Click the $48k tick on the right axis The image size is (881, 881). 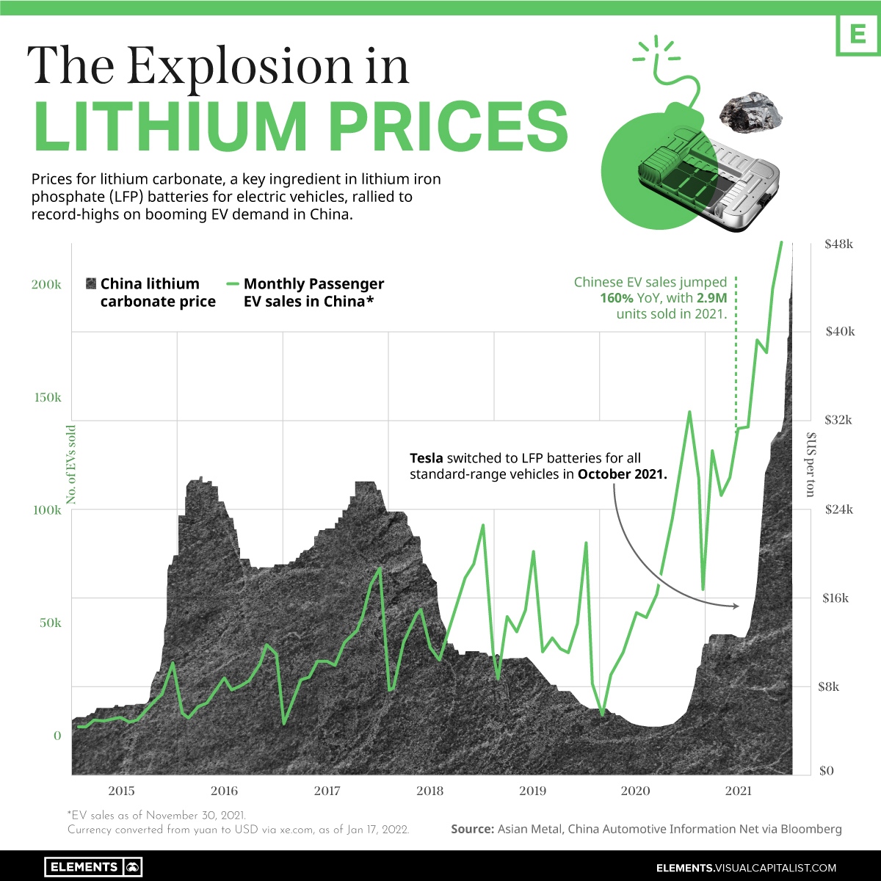(839, 244)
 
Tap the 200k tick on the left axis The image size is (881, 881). (46, 285)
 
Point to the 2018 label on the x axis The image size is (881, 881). (429, 791)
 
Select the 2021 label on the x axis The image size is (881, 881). (738, 791)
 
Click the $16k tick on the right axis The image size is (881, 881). (834, 598)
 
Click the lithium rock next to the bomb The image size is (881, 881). (750, 110)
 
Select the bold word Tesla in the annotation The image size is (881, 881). (426, 458)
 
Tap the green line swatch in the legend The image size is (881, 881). (233, 284)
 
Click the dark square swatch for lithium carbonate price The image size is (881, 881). (91, 284)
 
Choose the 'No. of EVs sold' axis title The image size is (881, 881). (71, 465)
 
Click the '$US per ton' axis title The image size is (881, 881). (811, 465)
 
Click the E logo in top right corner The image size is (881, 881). (857, 33)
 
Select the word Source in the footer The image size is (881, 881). (471, 829)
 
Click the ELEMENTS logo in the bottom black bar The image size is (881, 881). (93, 867)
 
